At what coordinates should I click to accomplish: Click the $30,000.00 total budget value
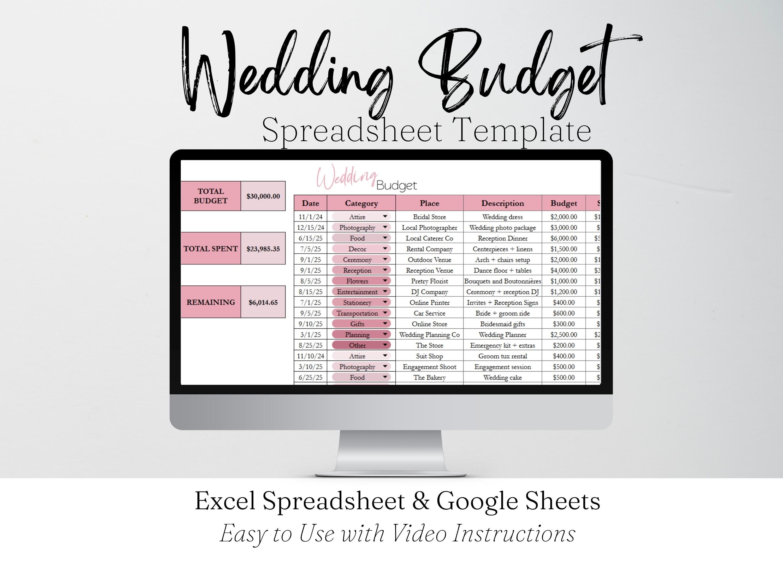[x=263, y=196]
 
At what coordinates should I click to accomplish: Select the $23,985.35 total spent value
[x=263, y=249]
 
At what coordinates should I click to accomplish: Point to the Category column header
[x=361, y=203]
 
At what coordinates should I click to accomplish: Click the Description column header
[x=502, y=203]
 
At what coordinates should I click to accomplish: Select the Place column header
[x=429, y=203]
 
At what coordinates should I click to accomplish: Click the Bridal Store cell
[x=429, y=217]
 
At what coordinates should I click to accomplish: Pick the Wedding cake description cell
[x=502, y=378]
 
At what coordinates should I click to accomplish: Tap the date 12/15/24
[x=310, y=227]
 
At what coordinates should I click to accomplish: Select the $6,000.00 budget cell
[x=563, y=238]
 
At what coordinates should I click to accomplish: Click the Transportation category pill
[x=357, y=313]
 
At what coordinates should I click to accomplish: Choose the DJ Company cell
[x=429, y=292]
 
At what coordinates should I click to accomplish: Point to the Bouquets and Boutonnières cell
[x=502, y=281]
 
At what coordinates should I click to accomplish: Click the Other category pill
[x=357, y=345]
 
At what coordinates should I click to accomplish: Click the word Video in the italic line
[x=419, y=533]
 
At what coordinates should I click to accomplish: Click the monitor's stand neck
[x=391, y=451]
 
